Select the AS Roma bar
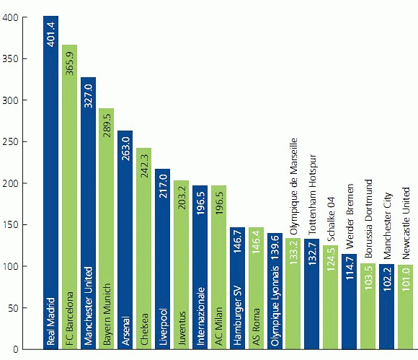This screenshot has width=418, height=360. (x=257, y=289)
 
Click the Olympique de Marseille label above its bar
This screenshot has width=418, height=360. (x=293, y=186)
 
